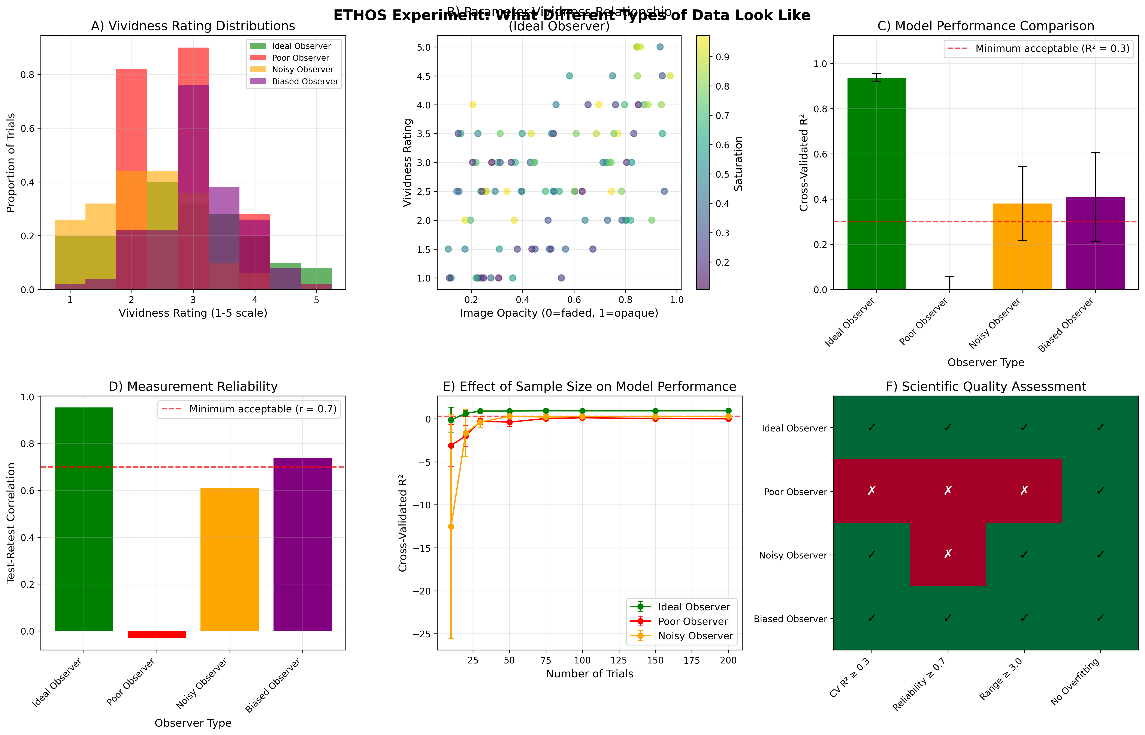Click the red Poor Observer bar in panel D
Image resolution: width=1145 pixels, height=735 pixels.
point(157,634)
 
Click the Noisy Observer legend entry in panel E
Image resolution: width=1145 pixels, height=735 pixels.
point(695,636)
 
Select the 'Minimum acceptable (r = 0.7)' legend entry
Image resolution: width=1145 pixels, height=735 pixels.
point(262,409)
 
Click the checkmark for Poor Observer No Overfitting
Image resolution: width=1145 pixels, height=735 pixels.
point(1100,491)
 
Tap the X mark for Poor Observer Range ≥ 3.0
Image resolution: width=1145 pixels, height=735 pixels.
point(1024,491)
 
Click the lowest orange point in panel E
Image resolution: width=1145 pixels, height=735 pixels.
point(451,526)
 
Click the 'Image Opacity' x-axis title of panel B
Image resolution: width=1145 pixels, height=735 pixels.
point(559,313)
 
